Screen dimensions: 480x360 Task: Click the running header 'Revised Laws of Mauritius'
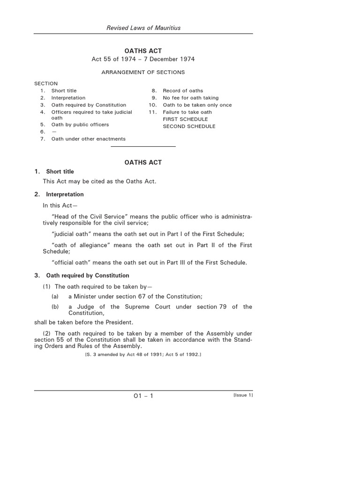click(x=143, y=28)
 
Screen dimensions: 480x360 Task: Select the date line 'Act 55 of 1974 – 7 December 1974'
click(x=143, y=59)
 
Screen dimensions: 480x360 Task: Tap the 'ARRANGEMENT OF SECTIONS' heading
click(x=143, y=72)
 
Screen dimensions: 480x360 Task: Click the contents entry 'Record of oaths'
click(x=183, y=90)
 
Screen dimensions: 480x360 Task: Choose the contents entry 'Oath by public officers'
click(x=80, y=125)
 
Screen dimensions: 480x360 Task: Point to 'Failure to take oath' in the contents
click(x=187, y=112)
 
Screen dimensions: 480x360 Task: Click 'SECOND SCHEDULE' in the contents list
click(x=189, y=126)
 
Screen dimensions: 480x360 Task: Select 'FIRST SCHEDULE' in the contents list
click(x=185, y=119)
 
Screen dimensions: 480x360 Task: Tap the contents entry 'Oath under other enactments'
click(x=88, y=139)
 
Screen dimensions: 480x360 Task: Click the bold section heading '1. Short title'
click(x=54, y=172)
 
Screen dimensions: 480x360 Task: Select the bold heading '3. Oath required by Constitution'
click(x=82, y=275)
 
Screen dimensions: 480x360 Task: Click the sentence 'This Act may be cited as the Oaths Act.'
click(x=99, y=181)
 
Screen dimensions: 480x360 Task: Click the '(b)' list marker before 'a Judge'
click(x=55, y=307)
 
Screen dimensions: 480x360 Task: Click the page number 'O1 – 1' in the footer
click(x=143, y=396)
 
